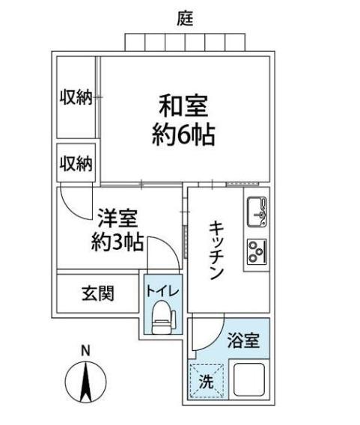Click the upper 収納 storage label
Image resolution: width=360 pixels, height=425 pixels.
(76, 98)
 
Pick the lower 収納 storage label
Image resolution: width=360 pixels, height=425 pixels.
(76, 162)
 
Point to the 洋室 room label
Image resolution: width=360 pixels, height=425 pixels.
(115, 219)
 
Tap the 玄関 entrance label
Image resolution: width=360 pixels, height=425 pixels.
(97, 293)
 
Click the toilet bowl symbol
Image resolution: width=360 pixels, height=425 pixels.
(161, 317)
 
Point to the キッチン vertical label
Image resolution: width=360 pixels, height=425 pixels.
(216, 250)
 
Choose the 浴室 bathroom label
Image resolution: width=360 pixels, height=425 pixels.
(245, 339)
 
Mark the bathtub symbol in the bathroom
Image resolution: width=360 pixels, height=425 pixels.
(251, 379)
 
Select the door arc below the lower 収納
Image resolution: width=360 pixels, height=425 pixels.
(75, 201)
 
